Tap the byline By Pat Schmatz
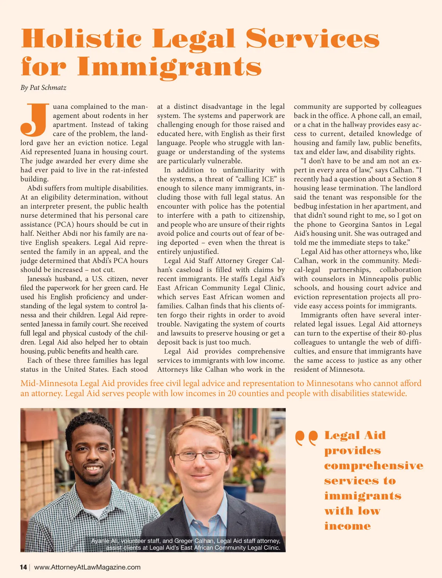43,88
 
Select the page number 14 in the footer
23,567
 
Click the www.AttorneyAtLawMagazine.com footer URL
87,567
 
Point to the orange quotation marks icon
306,438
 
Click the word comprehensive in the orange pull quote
373,466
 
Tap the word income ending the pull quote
347,526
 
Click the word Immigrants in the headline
169,67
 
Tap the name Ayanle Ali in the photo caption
105,541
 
